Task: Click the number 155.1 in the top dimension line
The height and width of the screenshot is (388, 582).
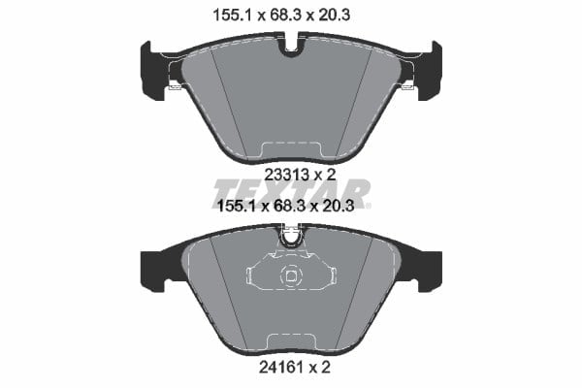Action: pyautogui.click(x=233, y=16)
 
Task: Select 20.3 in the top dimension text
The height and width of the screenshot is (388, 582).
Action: pyautogui.click(x=333, y=16)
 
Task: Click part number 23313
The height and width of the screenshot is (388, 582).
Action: pyautogui.click(x=286, y=175)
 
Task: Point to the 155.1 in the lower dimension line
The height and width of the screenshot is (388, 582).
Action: pyautogui.click(x=237, y=206)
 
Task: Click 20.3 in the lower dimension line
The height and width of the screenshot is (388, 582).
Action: pyautogui.click(x=337, y=206)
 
